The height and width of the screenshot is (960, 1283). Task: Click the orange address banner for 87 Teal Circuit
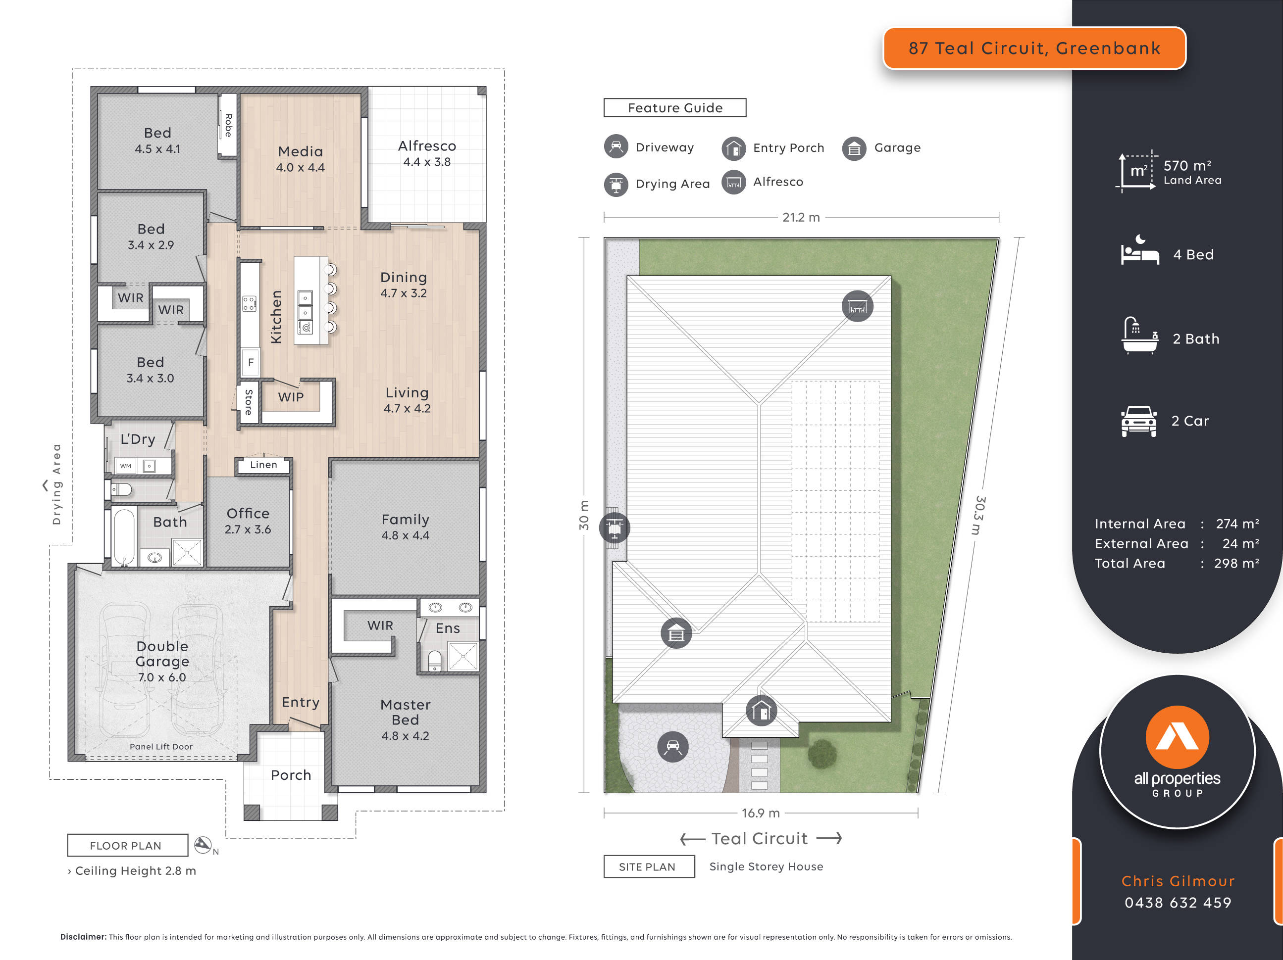tap(1033, 48)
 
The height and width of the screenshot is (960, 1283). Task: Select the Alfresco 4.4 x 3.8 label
tap(427, 153)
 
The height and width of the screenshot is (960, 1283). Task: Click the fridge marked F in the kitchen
tap(251, 363)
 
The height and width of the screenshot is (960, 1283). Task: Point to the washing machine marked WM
tap(126, 466)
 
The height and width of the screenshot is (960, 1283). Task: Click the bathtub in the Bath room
tap(123, 536)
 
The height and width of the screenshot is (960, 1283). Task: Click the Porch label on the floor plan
tap(291, 775)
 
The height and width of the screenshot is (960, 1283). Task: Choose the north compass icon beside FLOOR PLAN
tap(203, 845)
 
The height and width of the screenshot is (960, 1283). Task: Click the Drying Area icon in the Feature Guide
tap(616, 185)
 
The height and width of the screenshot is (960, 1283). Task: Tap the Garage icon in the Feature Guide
tap(854, 149)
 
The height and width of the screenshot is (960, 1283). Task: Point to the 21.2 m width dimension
tap(801, 217)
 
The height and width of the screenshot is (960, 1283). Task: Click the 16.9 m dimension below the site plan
tap(761, 813)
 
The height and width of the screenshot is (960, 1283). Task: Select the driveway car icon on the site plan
tap(673, 747)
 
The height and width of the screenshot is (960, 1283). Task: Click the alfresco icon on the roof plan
tap(857, 306)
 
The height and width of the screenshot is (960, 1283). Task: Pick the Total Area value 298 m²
tap(1236, 564)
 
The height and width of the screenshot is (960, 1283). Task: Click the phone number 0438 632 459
tap(1178, 903)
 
